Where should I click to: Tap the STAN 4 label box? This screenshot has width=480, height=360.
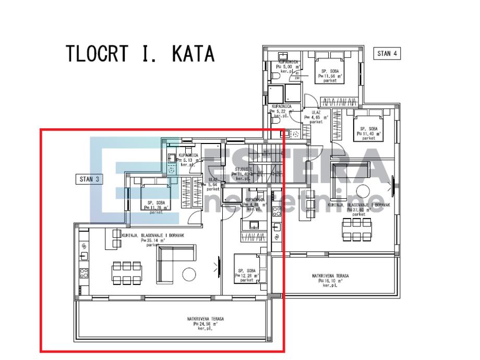(x=387, y=53)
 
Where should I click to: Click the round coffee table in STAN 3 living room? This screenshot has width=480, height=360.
(x=188, y=273)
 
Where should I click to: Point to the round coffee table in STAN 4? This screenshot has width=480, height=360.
(x=362, y=191)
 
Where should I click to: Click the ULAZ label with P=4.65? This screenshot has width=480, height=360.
(x=318, y=115)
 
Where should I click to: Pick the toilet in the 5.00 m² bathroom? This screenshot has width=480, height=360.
(x=276, y=77)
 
